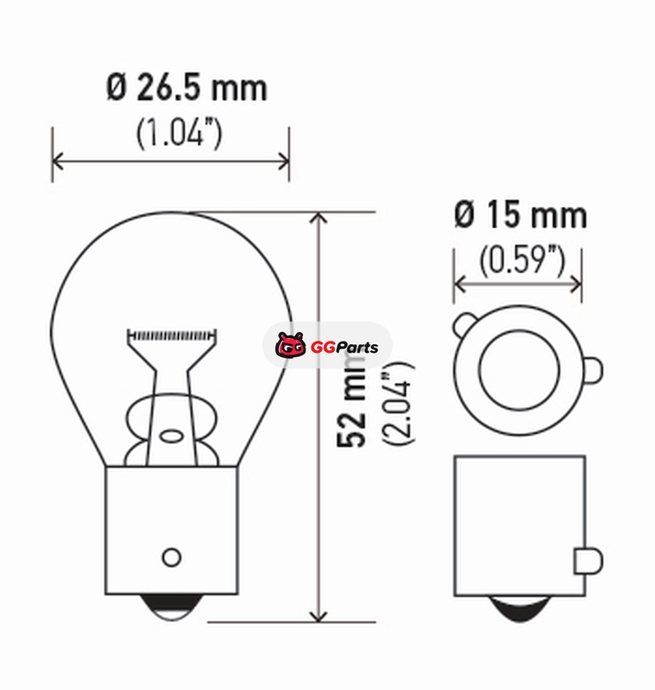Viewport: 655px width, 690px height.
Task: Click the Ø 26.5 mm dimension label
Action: [186, 88]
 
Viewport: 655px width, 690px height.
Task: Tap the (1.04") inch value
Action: [179, 134]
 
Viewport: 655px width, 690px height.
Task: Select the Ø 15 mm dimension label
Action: [520, 215]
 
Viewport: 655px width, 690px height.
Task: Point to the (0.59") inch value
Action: [521, 260]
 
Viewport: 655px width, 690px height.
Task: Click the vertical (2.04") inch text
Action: [398, 404]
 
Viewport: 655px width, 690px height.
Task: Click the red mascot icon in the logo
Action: [291, 345]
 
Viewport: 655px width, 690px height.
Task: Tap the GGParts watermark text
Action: [344, 348]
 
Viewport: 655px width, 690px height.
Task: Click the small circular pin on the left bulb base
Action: [171, 557]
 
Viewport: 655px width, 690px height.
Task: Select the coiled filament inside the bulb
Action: [172, 336]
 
